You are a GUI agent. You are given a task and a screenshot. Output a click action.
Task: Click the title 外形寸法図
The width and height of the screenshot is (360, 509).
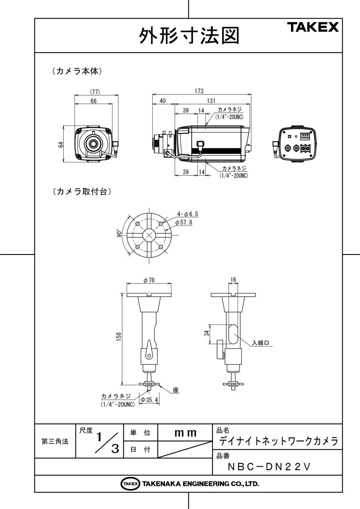click(x=189, y=36)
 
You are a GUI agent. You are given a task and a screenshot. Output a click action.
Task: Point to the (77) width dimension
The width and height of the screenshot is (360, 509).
click(x=95, y=91)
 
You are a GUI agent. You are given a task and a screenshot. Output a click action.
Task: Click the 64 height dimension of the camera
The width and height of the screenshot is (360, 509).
click(x=61, y=144)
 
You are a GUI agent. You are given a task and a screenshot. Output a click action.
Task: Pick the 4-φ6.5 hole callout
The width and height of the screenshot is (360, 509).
click(x=188, y=215)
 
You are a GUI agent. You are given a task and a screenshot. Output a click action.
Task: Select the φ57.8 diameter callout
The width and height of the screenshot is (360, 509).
click(x=184, y=222)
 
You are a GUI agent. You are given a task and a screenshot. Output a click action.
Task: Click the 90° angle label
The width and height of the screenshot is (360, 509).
click(x=121, y=234)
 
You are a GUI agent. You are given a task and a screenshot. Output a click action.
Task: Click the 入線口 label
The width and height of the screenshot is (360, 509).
click(x=261, y=342)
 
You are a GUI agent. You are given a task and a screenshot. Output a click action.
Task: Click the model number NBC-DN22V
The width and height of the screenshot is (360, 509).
click(x=270, y=467)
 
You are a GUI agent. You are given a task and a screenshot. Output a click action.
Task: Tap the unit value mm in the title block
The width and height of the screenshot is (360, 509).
click(x=185, y=433)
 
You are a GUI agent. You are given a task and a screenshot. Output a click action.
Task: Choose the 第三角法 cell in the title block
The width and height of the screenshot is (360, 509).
click(x=55, y=442)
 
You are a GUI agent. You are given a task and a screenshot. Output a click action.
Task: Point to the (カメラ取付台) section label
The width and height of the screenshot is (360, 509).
click(x=82, y=192)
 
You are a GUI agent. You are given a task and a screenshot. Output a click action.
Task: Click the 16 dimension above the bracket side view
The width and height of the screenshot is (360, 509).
click(x=233, y=280)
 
